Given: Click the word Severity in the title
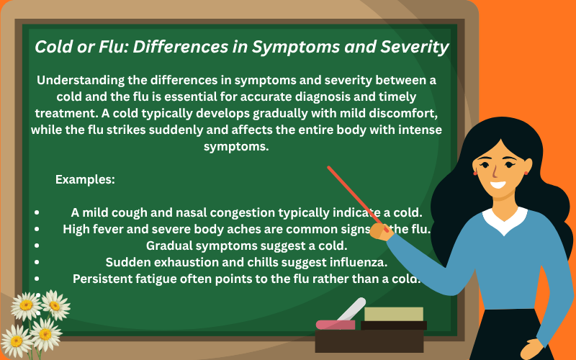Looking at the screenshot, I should pyautogui.click(x=413, y=48).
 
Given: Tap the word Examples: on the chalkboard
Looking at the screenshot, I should pyautogui.click(x=85, y=179).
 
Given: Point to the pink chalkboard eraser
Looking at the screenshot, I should pyautogui.click(x=336, y=325).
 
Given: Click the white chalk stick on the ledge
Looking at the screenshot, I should pyautogui.click(x=351, y=310).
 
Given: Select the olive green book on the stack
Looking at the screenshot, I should pyautogui.click(x=393, y=314).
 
